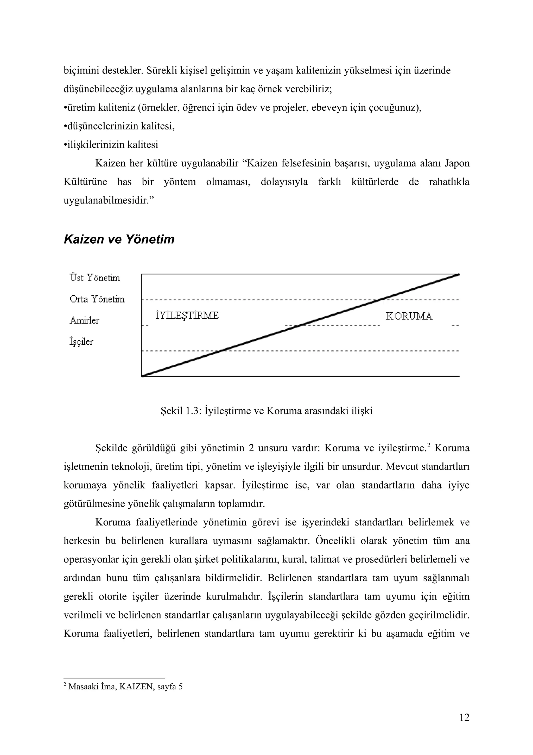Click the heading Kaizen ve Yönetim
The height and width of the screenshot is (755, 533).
pos(119,239)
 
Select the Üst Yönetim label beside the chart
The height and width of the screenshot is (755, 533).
pos(94,278)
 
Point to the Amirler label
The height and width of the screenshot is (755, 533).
pos(84,320)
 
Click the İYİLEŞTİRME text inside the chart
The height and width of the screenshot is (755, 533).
pos(187,316)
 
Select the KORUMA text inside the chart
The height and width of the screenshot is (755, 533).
pos(409,316)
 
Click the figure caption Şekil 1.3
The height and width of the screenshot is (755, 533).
pos(266,411)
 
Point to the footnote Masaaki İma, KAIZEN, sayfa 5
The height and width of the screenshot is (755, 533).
pos(125,686)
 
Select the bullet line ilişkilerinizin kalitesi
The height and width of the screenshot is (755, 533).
pos(112,145)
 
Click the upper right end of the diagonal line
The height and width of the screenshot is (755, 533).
pos(459,274)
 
